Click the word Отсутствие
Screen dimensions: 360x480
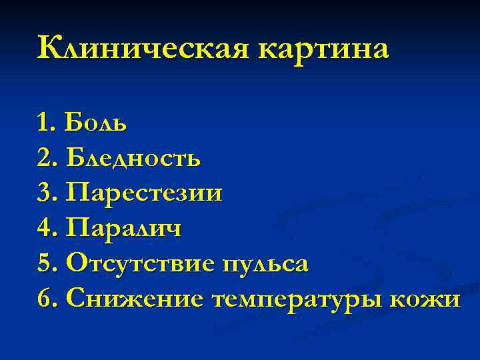click(x=140, y=264)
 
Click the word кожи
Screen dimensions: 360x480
click(x=431, y=299)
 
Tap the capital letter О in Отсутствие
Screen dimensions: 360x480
click(x=76, y=264)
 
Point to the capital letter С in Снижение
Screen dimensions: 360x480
click(x=75, y=299)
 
